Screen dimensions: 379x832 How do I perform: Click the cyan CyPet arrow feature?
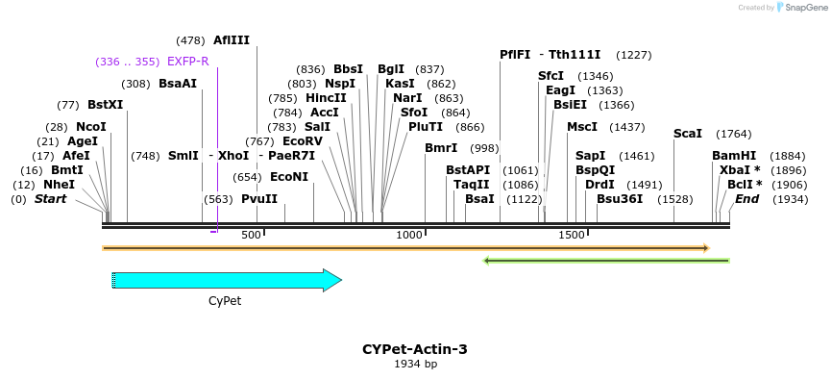click(x=227, y=280)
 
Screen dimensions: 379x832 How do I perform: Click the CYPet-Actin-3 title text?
click(x=415, y=349)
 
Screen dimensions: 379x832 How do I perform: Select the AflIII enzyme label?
click(x=232, y=40)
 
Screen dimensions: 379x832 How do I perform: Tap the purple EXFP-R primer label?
click(x=187, y=62)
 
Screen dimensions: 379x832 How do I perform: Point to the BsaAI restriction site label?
click(x=178, y=84)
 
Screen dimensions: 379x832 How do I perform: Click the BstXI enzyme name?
click(x=105, y=105)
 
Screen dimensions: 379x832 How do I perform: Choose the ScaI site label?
click(x=688, y=134)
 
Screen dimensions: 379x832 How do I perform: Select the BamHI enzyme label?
click(x=734, y=156)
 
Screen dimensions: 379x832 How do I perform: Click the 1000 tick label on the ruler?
click(x=410, y=235)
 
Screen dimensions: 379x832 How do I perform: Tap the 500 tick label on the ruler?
click(x=251, y=235)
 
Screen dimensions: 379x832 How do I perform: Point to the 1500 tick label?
click(x=572, y=235)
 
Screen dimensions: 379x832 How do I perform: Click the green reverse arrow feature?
click(x=605, y=260)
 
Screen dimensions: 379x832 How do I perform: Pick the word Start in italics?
click(x=51, y=199)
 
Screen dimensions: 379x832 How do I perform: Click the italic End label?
click(x=746, y=199)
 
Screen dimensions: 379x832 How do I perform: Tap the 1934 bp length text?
click(x=415, y=365)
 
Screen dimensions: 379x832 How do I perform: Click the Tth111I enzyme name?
click(x=575, y=55)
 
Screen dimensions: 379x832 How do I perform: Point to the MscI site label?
click(x=582, y=127)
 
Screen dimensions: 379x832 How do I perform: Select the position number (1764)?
click(x=734, y=134)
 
